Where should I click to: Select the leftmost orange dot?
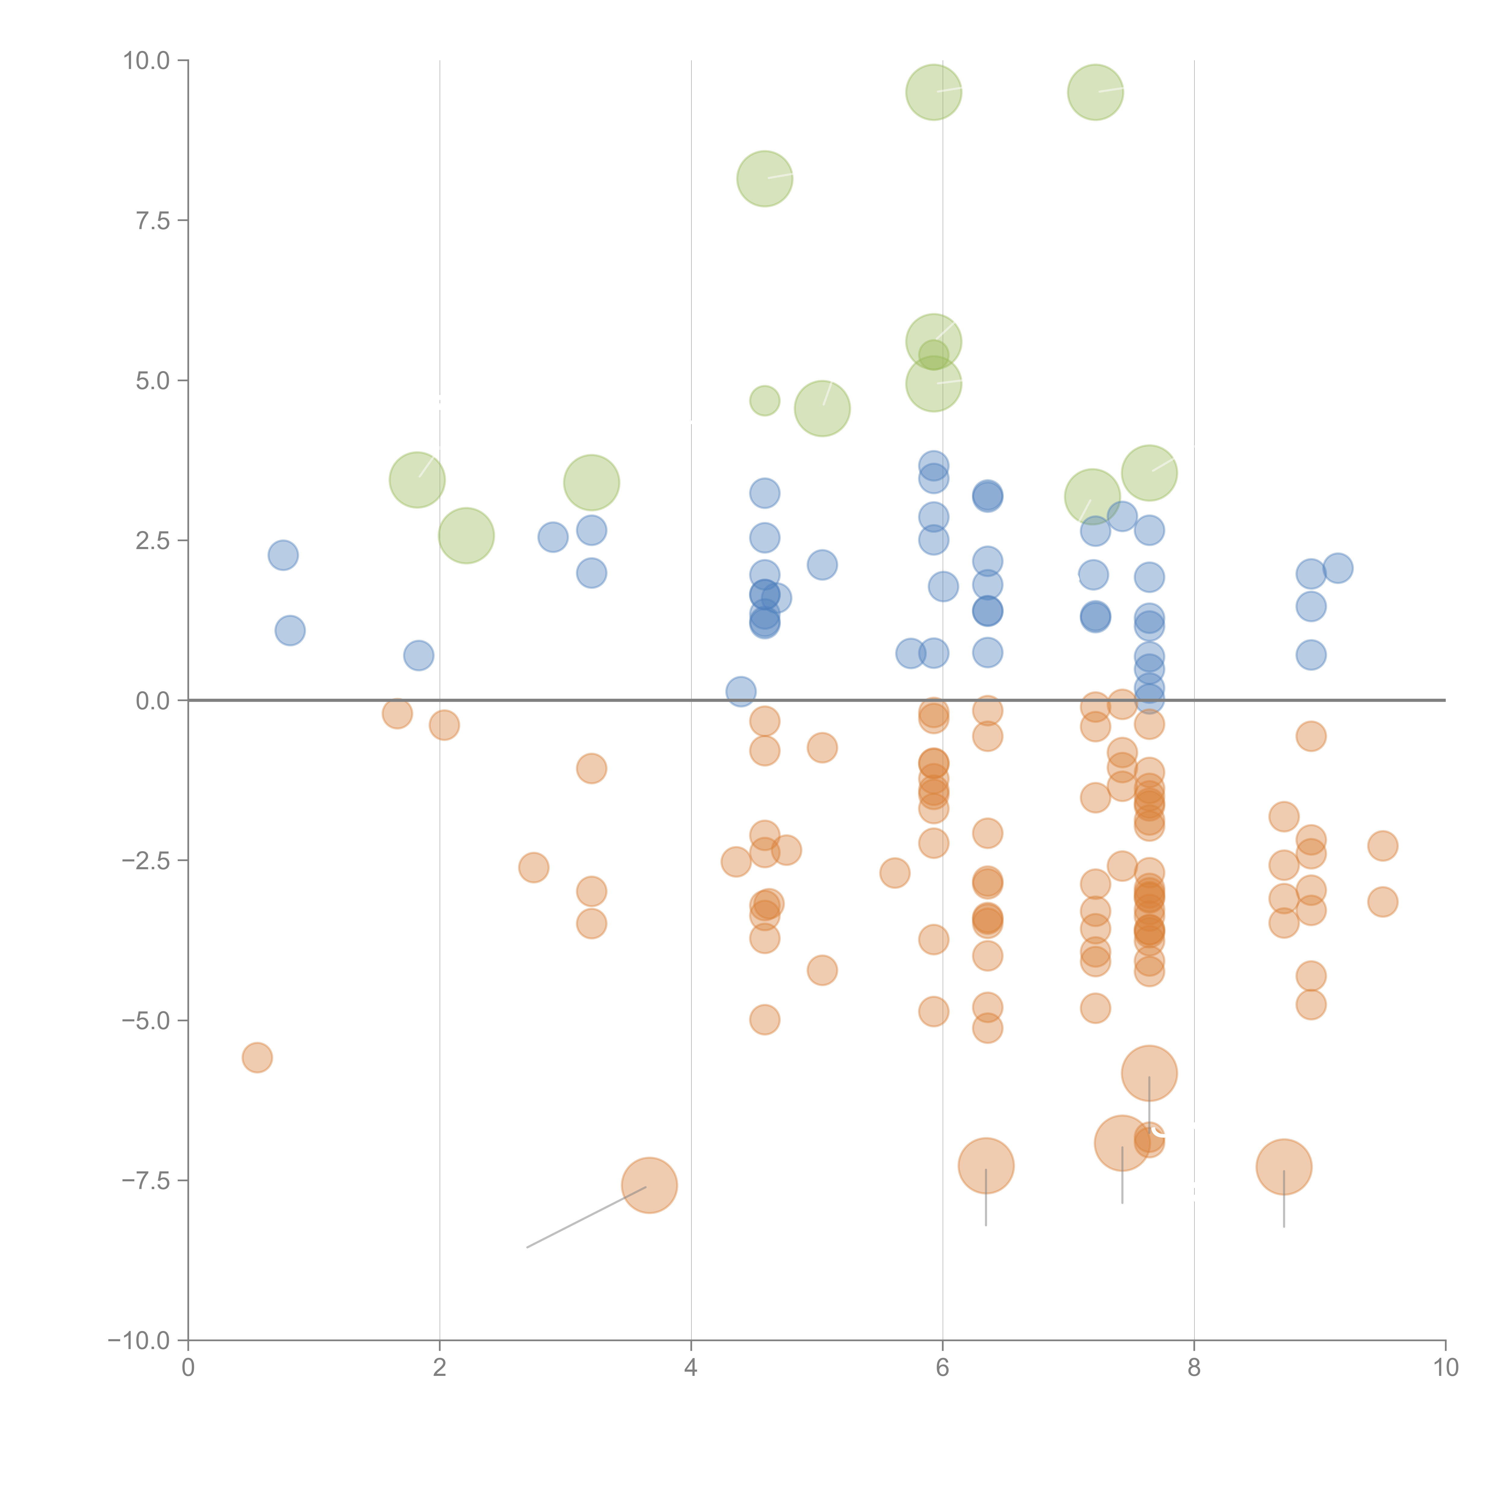(257, 1058)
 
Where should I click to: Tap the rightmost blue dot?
(1338, 568)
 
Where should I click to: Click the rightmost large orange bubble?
(1284, 1167)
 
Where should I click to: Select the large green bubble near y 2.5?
(466, 536)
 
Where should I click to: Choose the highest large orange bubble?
(1149, 1073)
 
